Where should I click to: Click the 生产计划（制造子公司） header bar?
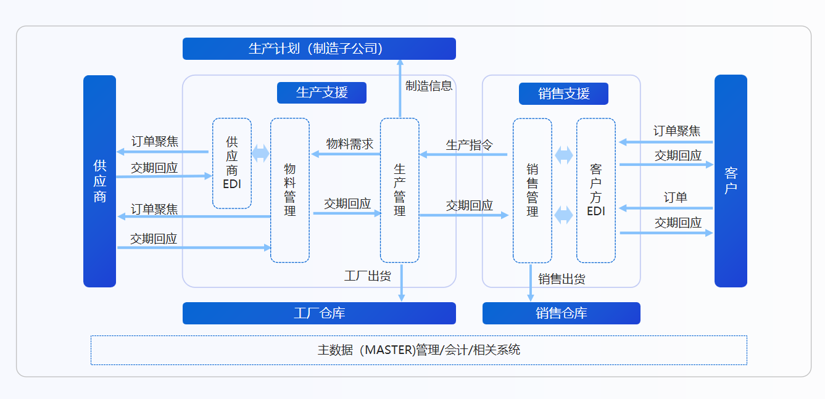(319, 49)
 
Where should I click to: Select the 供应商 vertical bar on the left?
(99, 181)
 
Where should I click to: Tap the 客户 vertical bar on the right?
(731, 181)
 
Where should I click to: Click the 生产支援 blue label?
(321, 93)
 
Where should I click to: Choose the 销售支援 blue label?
(563, 93)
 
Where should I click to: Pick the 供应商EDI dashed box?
(232, 163)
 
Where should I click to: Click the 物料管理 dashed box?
(290, 190)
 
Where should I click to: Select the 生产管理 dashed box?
(400, 190)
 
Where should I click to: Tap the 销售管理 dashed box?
(533, 190)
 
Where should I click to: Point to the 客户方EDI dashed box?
(596, 190)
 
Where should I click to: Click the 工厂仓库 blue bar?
(319, 313)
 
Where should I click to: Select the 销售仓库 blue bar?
(561, 313)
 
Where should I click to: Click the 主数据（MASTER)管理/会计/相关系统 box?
(418, 350)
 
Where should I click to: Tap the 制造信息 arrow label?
(429, 86)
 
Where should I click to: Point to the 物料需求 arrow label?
(350, 144)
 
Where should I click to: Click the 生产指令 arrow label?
(470, 146)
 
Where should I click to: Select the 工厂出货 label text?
(368, 276)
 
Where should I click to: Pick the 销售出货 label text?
(562, 279)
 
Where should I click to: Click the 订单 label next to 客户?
(676, 198)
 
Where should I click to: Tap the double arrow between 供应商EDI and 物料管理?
(261, 154)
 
